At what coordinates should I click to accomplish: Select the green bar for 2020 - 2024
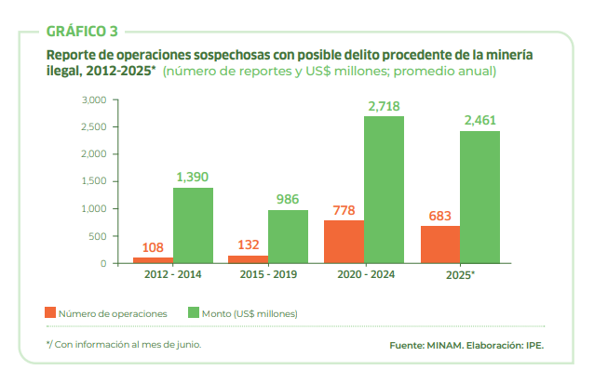coord(384,190)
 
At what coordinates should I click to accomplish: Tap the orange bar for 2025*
coord(439,244)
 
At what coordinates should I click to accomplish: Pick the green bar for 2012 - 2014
coord(193,226)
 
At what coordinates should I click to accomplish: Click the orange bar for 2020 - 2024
coord(344,242)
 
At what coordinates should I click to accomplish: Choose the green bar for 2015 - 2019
coord(288,236)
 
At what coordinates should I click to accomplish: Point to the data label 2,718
coord(384,107)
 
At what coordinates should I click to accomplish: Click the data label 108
coord(153,247)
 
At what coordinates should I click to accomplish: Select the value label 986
coord(288,200)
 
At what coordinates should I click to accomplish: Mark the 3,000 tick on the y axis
coord(96,99)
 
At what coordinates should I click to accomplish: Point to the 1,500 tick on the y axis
coord(96,181)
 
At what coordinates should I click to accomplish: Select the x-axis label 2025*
coord(459,275)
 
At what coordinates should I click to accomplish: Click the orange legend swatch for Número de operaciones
coord(50,313)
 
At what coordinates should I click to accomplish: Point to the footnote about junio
coord(124,344)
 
